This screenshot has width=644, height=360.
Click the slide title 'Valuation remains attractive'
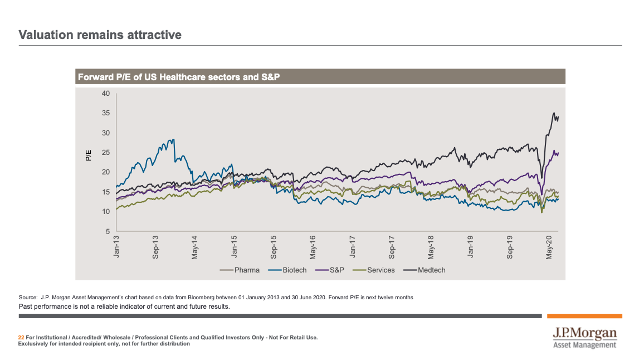point(100,35)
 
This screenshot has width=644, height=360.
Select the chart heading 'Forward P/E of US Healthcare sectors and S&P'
point(178,77)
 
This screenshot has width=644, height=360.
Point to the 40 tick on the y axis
point(106,93)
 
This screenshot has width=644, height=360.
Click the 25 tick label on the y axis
point(106,152)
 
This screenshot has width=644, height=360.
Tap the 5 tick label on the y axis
point(108,231)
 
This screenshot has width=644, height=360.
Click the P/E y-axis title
point(88,155)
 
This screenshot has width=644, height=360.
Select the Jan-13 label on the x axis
point(117,246)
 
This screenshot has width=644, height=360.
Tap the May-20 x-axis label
point(549,246)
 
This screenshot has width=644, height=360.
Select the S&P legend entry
point(332,270)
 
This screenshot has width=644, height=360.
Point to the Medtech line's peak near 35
point(554,113)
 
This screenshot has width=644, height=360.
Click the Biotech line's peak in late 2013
point(174,139)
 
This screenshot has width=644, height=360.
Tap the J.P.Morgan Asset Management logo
point(584,338)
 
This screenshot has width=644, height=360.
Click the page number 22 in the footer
point(21,337)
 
